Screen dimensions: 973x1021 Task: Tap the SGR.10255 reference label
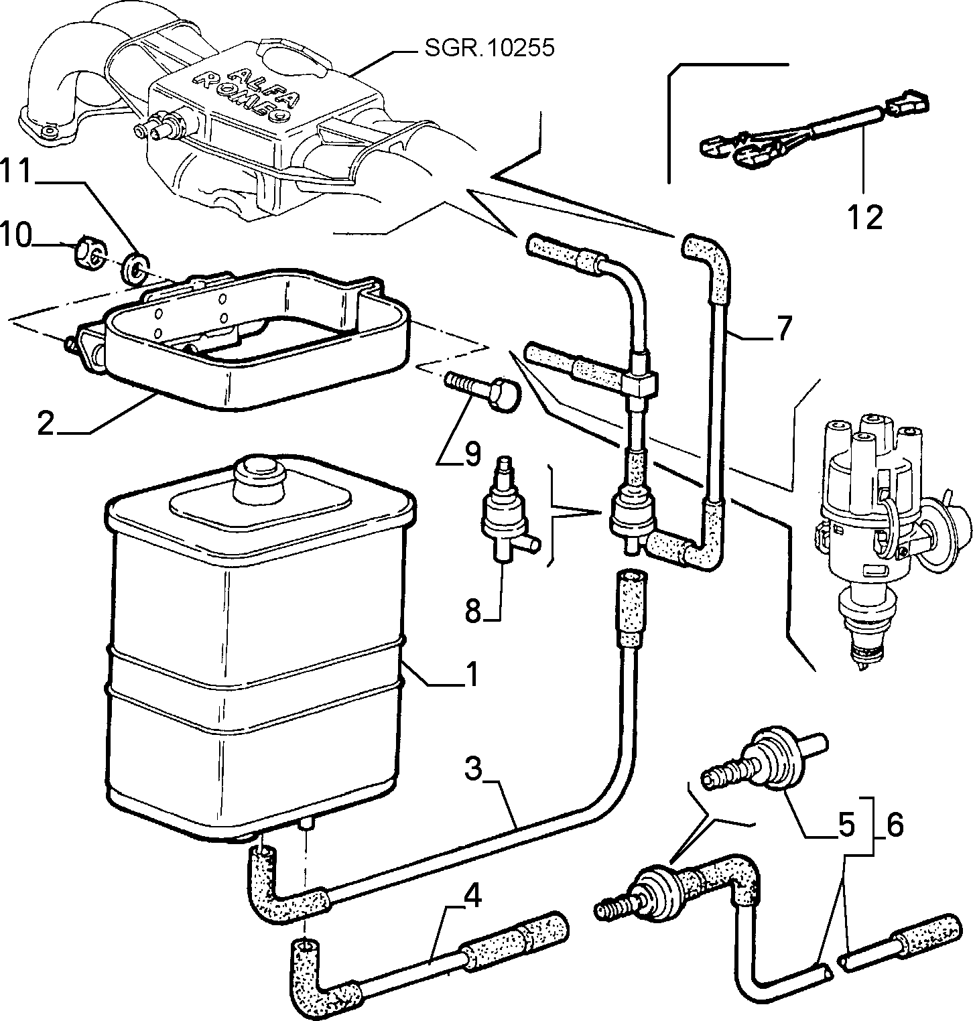pos(491,49)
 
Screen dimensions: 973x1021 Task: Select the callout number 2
pos(46,423)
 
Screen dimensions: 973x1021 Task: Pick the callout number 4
pos(473,896)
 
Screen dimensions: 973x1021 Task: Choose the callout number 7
pos(783,328)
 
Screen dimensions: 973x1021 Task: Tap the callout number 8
pos(473,610)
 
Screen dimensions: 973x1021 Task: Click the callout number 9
pos(472,455)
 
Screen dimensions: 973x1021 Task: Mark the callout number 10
pos(16,236)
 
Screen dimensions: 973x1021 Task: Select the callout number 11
pos(17,172)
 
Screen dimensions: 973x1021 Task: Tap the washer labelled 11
pos(135,268)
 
